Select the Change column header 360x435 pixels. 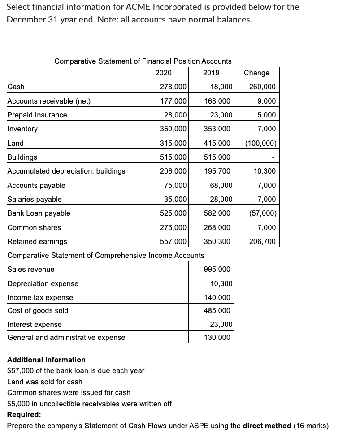[256, 73]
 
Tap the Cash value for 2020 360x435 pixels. [173, 87]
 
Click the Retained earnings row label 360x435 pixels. [38, 242]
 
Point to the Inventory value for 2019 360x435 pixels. [217, 129]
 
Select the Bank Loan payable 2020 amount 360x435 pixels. [173, 213]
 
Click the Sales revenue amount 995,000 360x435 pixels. [217, 270]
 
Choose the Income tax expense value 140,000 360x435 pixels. [217, 297]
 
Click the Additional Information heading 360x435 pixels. [47, 360]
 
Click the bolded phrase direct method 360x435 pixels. [267, 426]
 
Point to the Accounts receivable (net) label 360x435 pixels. [49, 101]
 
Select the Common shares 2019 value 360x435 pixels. [217, 228]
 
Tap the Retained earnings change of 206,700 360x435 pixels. [262, 242]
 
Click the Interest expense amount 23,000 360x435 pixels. [221, 324]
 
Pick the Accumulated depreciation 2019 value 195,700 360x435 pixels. [217, 171]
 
